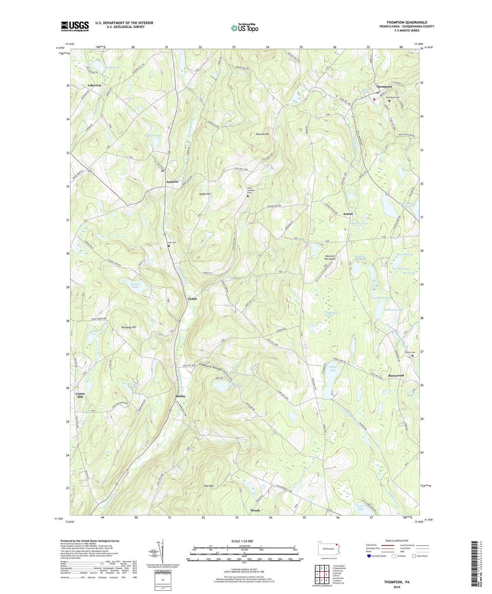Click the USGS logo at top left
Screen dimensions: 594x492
[74, 26]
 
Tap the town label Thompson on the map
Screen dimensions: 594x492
[384, 86]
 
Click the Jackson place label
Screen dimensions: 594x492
[172, 182]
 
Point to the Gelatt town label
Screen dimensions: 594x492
[192, 299]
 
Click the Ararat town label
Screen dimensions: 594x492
[348, 214]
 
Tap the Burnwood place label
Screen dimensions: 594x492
[396, 375]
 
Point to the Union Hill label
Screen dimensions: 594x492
[80, 395]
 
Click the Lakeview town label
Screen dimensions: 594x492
[94, 85]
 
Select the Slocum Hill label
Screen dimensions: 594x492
[262, 134]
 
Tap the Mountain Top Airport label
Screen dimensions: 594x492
[330, 257]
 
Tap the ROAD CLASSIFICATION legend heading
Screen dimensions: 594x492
[397, 541]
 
